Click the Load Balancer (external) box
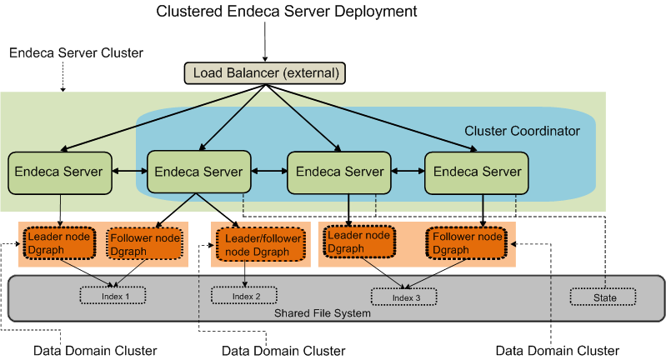[264, 73]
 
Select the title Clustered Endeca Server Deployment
[286, 12]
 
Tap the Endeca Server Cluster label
[76, 52]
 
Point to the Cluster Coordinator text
[522, 131]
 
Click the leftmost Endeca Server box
[59, 172]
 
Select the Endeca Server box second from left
[199, 172]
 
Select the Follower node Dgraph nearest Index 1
[145, 243]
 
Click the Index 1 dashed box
[112, 296]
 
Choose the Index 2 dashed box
[244, 296]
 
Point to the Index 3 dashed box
[404, 297]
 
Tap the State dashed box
[603, 297]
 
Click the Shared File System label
[323, 313]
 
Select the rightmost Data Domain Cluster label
[557, 350]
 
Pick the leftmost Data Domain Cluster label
[95, 350]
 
